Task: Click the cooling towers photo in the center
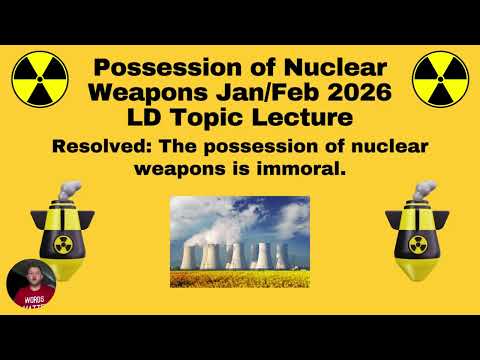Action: click(239, 232)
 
